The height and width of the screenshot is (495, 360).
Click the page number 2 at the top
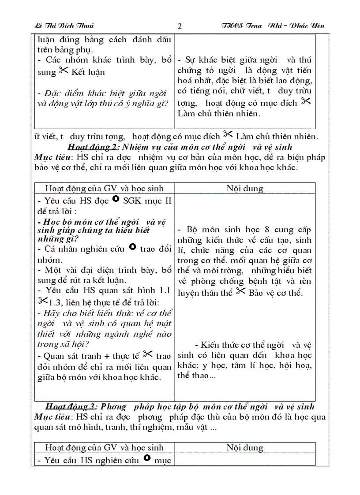179,26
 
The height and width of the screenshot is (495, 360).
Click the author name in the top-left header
64,26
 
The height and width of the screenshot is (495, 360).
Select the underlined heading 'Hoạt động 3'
70,406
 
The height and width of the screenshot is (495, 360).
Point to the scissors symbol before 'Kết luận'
64,71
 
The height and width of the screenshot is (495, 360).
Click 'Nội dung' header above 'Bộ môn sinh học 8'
245,188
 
